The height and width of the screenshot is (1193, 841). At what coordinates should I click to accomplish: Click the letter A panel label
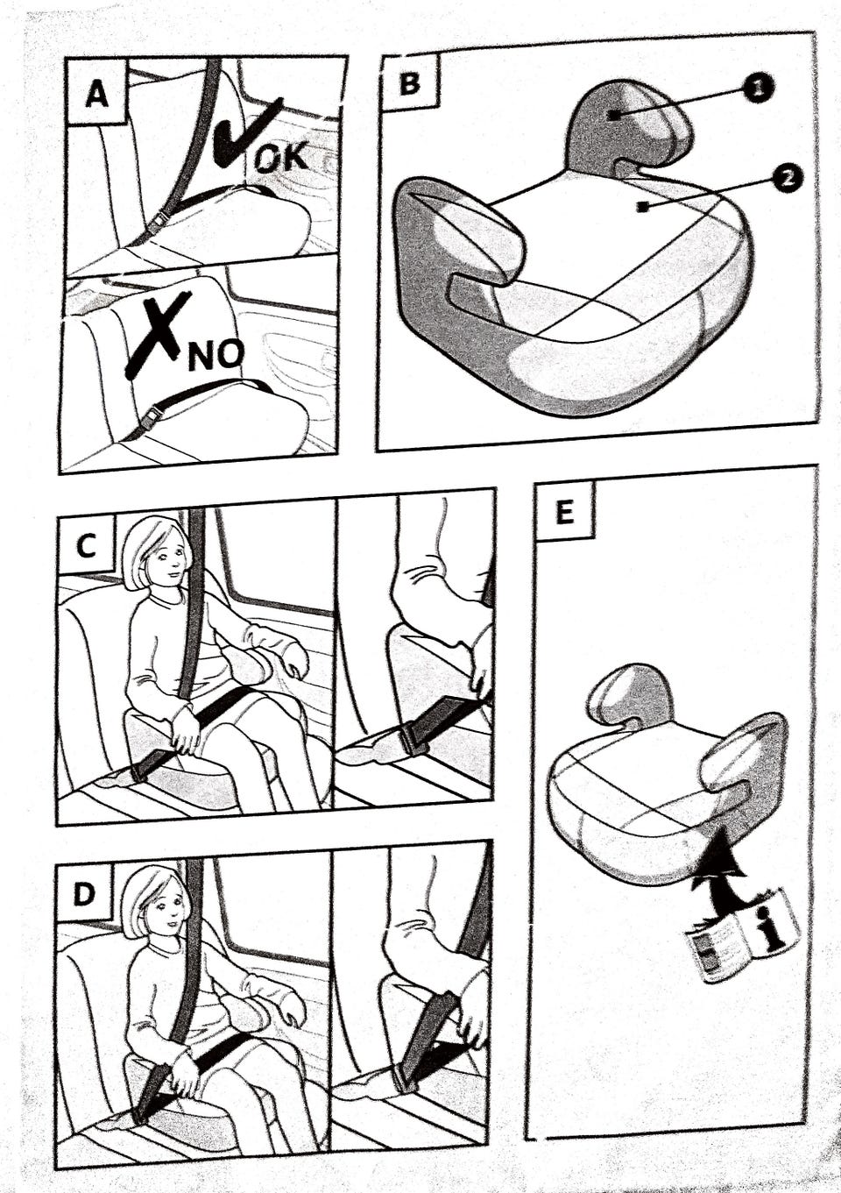(96, 96)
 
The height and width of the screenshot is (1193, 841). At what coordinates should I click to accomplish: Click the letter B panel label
(408, 83)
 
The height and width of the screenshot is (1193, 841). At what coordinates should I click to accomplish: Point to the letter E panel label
(565, 514)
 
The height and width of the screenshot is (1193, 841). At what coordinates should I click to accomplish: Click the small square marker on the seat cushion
(644, 206)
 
